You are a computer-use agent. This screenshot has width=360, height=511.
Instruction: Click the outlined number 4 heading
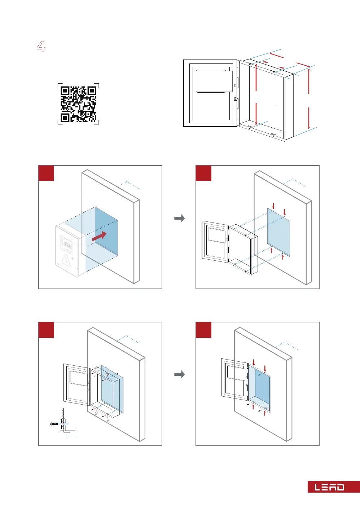coord(41,47)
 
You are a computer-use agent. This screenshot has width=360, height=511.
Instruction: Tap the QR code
coord(78,104)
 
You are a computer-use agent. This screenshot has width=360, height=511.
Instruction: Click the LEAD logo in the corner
coord(330,487)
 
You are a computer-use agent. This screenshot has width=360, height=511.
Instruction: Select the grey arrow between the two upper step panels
coord(179,218)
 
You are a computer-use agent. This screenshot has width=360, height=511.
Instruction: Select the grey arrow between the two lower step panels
coord(179,374)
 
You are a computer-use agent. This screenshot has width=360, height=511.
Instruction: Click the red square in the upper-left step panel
coord(46,173)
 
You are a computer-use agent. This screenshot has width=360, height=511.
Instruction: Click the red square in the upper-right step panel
coord(203,173)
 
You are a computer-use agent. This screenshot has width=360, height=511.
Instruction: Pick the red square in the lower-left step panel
coord(46,330)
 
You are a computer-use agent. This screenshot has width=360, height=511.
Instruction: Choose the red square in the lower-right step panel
coord(203,330)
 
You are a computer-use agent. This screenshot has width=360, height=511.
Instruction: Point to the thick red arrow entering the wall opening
coord(100,236)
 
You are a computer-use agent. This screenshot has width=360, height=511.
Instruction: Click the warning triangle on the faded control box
coord(66,259)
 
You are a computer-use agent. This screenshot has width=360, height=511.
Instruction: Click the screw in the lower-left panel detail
coord(54,424)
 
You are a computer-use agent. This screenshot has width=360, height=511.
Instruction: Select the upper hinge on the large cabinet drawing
coord(236,85)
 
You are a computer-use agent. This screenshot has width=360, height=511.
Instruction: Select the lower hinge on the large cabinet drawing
coord(236,99)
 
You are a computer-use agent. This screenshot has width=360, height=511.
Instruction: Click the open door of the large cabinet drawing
coord(210,93)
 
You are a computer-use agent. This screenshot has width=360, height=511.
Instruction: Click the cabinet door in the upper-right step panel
coord(215,241)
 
